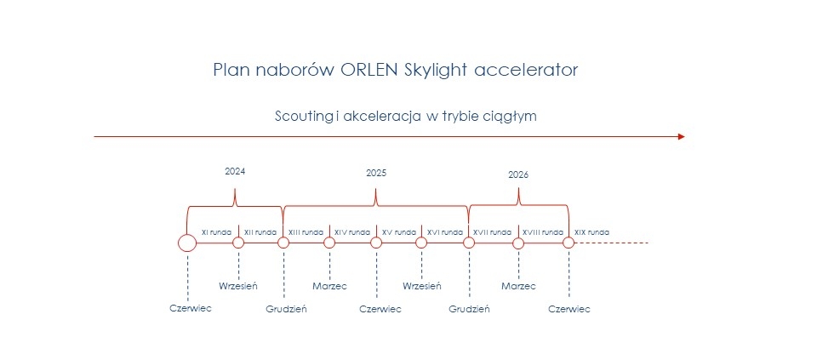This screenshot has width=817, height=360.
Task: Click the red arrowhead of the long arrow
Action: pos(682,136)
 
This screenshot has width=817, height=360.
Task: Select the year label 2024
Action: pos(235,171)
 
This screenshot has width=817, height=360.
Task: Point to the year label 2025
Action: pos(376,174)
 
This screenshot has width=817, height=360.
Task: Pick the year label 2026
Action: pos(518,175)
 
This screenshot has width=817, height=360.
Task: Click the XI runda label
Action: pos(216,232)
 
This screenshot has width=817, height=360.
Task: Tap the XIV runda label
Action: pos(352,232)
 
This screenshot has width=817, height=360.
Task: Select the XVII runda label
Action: pos(492,232)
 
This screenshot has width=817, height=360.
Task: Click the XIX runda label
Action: pos(591,232)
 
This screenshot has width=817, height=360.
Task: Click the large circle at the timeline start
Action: pos(187,243)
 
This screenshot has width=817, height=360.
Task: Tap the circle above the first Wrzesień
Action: pos(238,243)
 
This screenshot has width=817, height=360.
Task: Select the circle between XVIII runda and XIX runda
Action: pos(568,243)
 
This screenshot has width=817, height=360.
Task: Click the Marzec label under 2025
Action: pos(330,286)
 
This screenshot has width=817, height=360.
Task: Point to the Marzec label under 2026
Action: pos(518,286)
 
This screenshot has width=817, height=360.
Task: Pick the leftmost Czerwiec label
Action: pos(191,308)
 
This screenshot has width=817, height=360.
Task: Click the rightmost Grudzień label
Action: pos(469,309)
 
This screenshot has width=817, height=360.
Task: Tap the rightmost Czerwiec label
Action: pos(569,309)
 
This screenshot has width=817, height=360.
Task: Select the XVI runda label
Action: pos(445,232)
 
